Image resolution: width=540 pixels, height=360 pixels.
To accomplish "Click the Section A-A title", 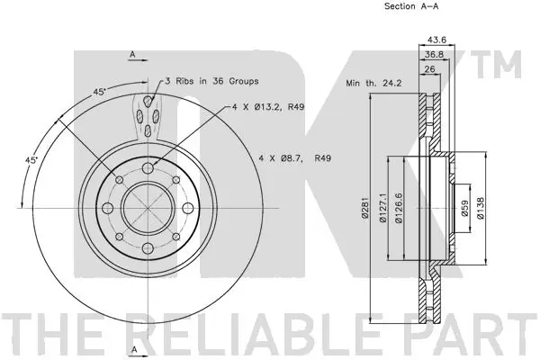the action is coord(411,6).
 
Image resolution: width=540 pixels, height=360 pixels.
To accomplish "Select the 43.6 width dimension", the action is coord(436,40).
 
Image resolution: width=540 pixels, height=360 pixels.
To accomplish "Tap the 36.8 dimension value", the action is coord(434,54).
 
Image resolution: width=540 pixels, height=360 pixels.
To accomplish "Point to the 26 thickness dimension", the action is coord(429,69).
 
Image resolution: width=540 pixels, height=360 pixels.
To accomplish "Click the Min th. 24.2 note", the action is coord(373,83).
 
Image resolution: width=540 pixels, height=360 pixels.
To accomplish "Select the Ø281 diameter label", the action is coord(365,208).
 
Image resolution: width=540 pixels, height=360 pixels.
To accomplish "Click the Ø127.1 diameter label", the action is coord(382,208).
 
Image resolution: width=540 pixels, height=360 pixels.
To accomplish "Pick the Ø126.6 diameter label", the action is coord(399,208).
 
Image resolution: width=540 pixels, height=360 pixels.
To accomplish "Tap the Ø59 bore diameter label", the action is coord(464,208).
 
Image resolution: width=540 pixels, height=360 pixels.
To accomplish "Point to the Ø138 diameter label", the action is coord(481,208).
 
